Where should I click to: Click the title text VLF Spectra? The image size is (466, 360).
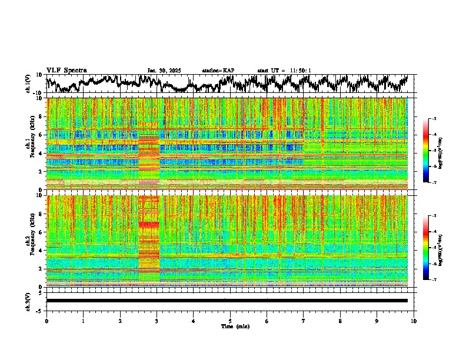click(66, 70)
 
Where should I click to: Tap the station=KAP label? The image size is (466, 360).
click(218, 71)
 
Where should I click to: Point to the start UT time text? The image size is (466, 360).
click(284, 71)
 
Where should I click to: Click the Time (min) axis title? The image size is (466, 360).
click(230, 326)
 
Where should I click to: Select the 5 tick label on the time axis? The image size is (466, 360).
click(230, 321)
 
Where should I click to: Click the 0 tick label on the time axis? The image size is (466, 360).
click(46, 321)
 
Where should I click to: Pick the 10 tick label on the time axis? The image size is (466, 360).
click(414, 321)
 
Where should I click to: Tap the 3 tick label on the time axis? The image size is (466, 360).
click(157, 321)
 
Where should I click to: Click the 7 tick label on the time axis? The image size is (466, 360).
click(304, 321)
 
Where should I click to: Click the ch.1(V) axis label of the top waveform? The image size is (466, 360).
click(29, 84)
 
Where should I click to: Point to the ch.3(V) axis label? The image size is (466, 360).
click(29, 301)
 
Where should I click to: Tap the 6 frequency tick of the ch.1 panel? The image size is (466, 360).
click(41, 135)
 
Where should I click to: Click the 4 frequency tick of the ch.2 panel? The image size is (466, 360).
click(41, 250)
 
